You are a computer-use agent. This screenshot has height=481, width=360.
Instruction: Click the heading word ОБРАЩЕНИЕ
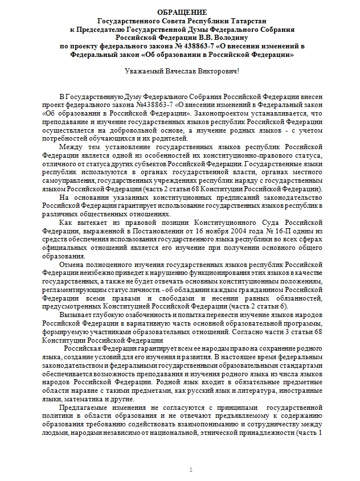[x=179, y=12]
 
